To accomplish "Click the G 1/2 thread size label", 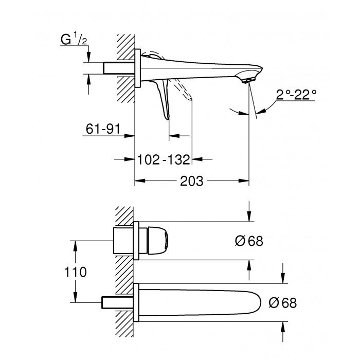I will coord(71,39).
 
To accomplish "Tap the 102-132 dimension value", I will coord(164,159).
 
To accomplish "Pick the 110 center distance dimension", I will coord(75,271).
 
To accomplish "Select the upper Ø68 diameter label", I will coord(249,241).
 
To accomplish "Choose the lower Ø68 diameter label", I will coord(282,303).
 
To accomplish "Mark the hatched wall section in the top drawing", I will coord(125,67).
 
